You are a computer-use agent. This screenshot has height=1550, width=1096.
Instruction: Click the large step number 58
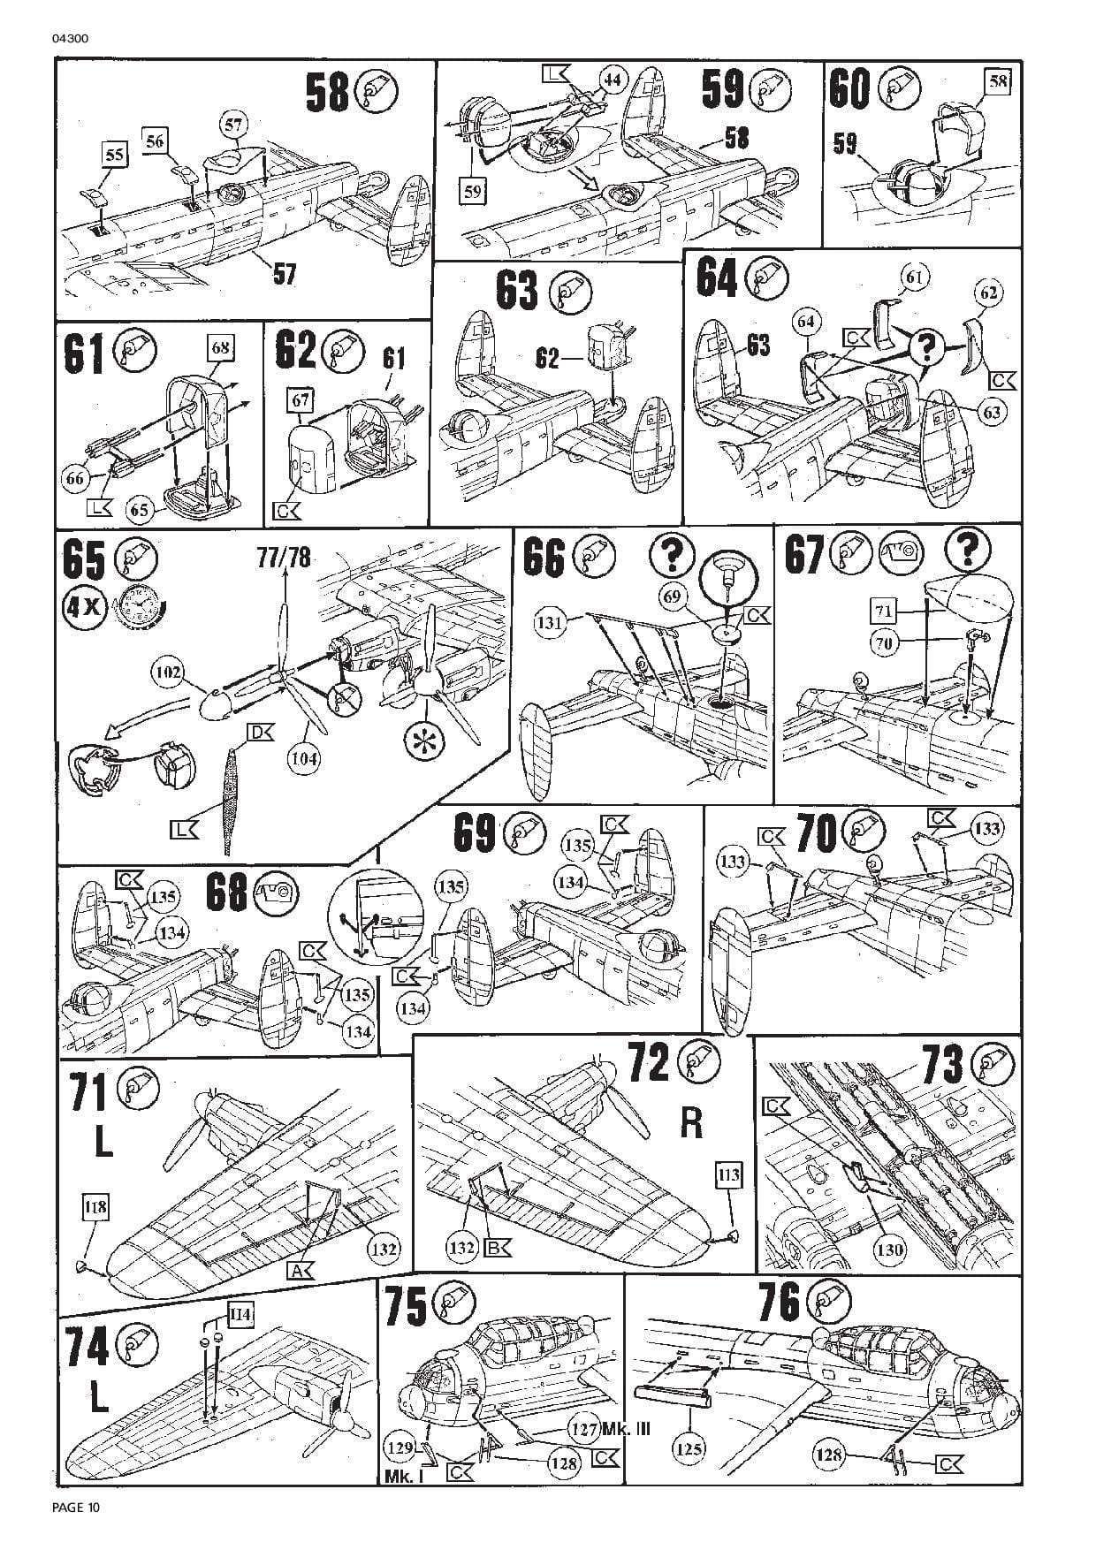(x=328, y=93)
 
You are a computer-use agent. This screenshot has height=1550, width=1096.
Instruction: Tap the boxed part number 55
(x=114, y=156)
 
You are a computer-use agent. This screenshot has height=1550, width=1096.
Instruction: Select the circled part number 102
(x=169, y=674)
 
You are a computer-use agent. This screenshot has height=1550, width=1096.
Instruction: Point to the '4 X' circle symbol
(x=84, y=607)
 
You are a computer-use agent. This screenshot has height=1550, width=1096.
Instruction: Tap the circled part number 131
(x=550, y=623)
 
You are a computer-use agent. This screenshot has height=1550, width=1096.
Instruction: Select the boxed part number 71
(x=884, y=611)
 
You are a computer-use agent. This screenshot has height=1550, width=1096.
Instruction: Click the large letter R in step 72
(x=691, y=1122)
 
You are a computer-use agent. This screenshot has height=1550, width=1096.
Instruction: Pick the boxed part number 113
(x=729, y=1174)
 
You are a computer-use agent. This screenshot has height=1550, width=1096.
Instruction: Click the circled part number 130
(x=889, y=1249)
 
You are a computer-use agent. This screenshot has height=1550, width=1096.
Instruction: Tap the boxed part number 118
(x=95, y=1207)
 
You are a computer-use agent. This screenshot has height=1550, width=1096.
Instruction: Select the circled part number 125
(x=689, y=1447)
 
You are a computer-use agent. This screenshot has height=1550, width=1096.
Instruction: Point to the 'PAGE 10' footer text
(x=77, y=1508)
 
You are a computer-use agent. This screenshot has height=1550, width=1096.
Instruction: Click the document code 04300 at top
(x=72, y=38)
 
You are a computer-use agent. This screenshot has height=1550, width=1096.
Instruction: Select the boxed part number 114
(x=240, y=1314)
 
